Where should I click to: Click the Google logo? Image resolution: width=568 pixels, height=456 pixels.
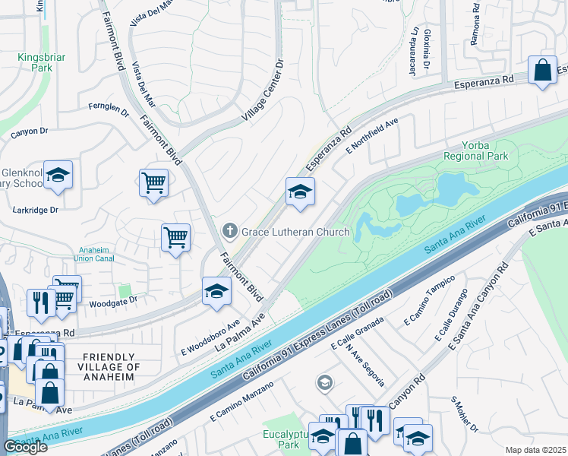pyautogui.click(x=25, y=447)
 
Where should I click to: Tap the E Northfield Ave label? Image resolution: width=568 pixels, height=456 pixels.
pyautogui.click(x=373, y=137)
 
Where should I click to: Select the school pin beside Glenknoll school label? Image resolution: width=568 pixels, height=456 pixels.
pyautogui.click(x=58, y=176)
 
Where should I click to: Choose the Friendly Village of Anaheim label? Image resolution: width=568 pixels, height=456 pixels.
pyautogui.click(x=111, y=367)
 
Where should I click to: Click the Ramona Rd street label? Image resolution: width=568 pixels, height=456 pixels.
pyautogui.click(x=475, y=29)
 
